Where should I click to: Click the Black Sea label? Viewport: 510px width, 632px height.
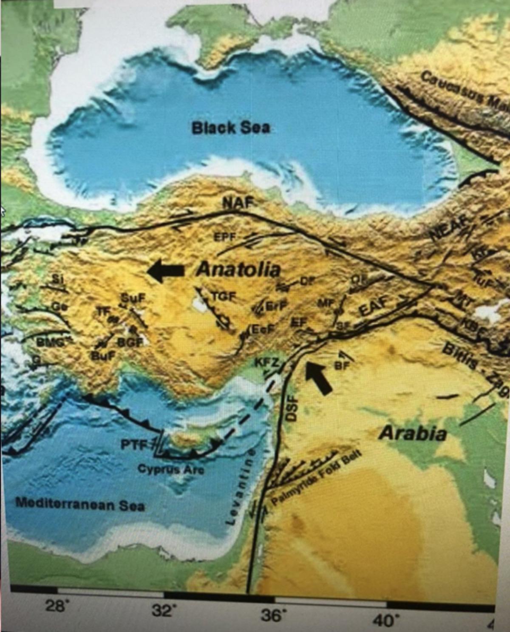(230, 128)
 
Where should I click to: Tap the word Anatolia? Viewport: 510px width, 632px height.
(238, 270)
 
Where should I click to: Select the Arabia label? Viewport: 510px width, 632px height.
(412, 434)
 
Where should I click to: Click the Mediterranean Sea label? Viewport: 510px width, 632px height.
(80, 504)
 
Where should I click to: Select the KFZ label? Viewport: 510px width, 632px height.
(268, 363)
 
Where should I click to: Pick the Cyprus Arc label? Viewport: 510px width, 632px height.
(171, 469)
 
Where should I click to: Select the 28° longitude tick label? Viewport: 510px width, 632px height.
(57, 606)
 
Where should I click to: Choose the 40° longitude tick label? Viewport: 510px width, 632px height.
(384, 621)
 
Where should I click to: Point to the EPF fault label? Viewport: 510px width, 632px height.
(224, 237)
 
